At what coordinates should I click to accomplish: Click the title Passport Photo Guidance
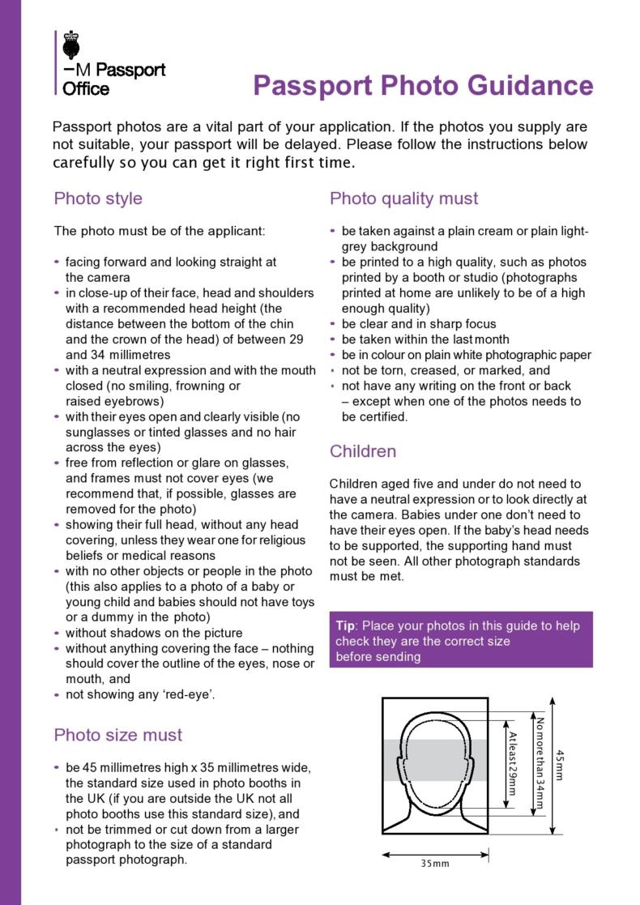pos(423,86)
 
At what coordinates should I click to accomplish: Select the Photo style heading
pos(98,199)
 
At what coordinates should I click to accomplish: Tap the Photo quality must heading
pos(403,199)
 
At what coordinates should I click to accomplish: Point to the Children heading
pos(363,451)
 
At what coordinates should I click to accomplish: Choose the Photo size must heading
pos(118,735)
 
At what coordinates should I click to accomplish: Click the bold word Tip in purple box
pos(347,626)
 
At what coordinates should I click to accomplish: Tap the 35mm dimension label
pos(435,864)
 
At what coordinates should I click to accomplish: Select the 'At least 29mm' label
pos(512,763)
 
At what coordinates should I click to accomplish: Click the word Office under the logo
pos(86,89)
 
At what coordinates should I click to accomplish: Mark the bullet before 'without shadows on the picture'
pos(56,633)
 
